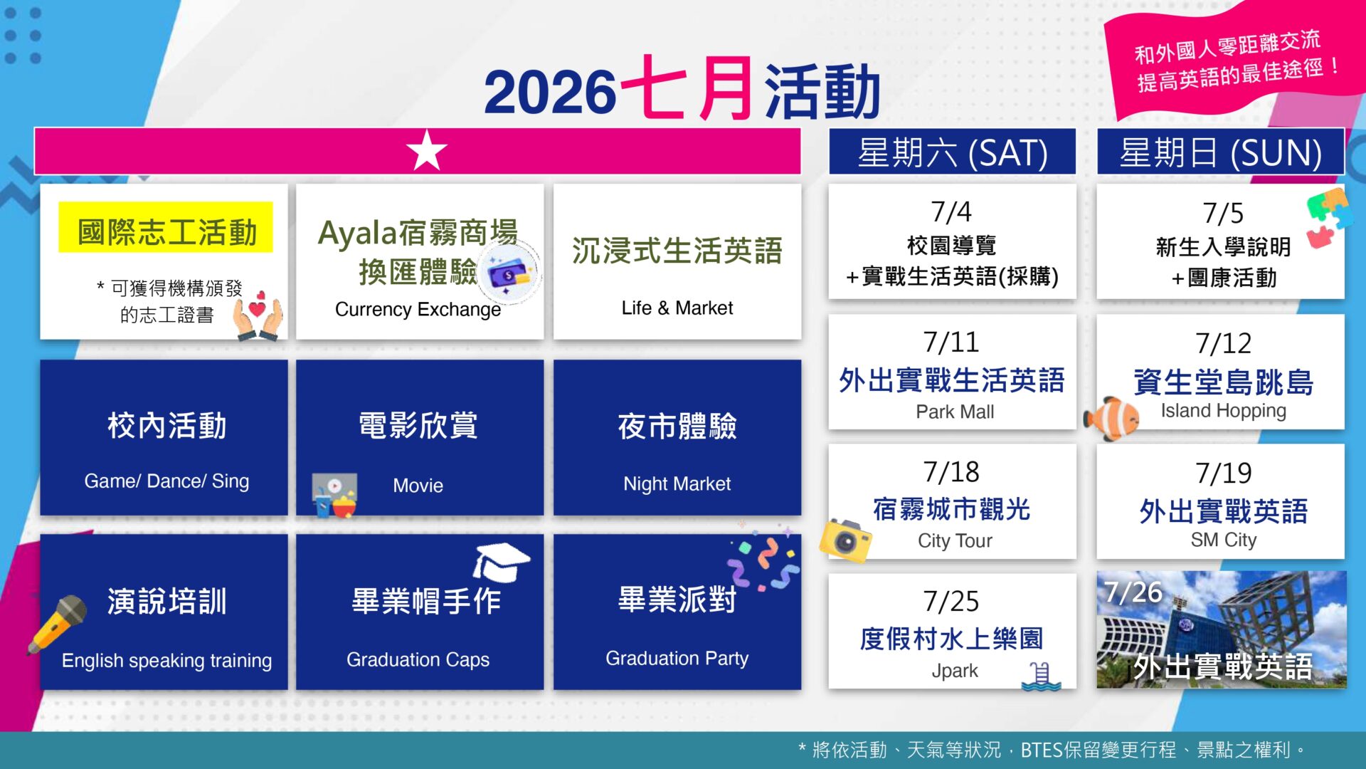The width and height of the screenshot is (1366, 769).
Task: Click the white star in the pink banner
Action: pos(427,150)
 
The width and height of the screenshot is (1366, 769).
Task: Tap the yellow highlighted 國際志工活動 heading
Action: pos(166,232)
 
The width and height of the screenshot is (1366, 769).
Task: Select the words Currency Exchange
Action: pos(418,309)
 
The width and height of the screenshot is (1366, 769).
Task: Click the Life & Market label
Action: pos(677,308)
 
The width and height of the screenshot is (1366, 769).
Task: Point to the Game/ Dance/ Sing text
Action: pos(166,481)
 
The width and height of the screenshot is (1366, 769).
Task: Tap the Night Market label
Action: pos(677,484)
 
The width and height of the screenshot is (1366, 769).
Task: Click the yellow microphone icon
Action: pos(57,624)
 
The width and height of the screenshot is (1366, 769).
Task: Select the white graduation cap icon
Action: pos(501,562)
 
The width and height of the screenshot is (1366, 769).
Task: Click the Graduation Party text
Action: pos(677,659)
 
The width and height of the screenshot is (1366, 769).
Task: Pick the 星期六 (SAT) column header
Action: pos(952,152)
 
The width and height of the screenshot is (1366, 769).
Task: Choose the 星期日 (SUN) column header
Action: pos(1220,152)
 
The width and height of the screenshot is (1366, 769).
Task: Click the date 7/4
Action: pos(951,211)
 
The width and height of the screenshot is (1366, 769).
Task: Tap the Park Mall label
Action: pos(955,412)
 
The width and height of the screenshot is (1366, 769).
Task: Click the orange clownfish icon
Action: pos(1111,419)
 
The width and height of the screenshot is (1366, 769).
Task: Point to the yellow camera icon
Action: pos(845,540)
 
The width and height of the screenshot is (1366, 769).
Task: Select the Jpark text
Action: pos(955,671)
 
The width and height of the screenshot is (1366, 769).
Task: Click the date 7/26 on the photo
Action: pos(1133,592)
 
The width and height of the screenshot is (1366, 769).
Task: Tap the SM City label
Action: pos(1224,540)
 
